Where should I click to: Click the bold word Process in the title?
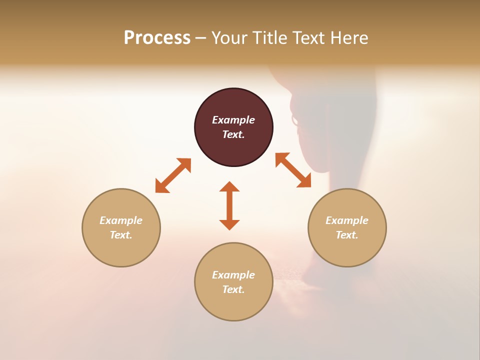[157, 38]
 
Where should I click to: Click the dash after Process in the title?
[200, 38]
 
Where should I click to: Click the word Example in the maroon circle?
[233, 120]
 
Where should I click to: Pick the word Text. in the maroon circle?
[233, 134]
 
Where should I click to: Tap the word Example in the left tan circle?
[121, 220]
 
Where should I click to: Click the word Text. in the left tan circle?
[121, 235]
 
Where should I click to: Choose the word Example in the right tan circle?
[347, 220]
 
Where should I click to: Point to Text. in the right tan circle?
[347, 235]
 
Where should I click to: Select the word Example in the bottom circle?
[233, 275]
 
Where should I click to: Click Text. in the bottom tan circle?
[233, 289]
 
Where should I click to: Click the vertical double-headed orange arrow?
[229, 205]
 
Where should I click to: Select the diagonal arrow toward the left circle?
[173, 175]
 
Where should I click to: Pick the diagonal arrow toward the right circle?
[293, 170]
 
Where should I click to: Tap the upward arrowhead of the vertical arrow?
[229, 186]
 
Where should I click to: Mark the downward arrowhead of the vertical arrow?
[229, 224]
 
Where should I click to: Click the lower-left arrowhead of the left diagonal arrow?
[161, 187]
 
